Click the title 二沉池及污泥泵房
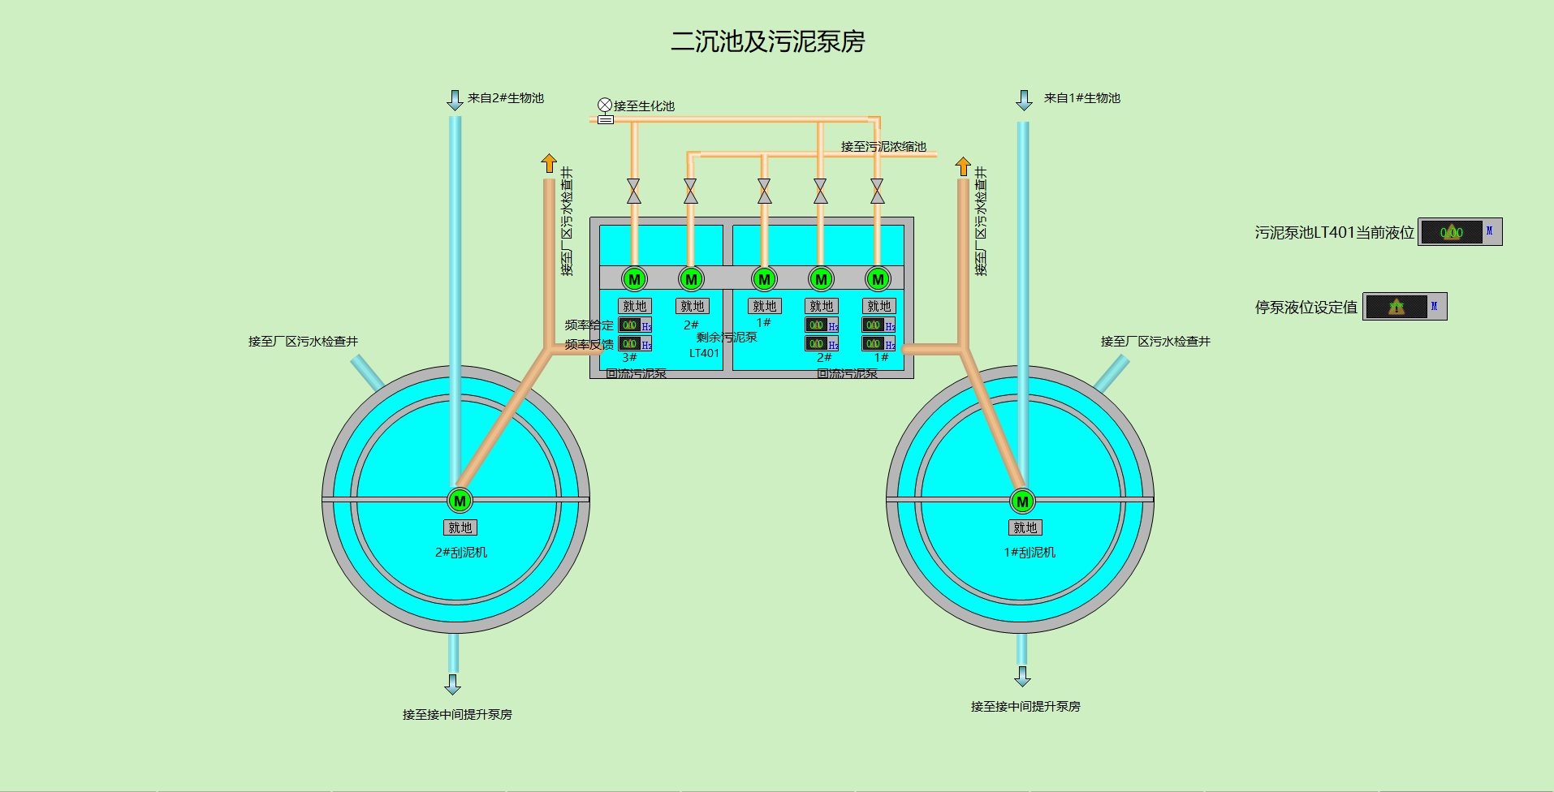click(767, 41)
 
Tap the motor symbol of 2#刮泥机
click(460, 501)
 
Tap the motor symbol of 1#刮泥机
click(1022, 501)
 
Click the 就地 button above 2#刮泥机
click(460, 527)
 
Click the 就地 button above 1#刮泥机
click(1025, 527)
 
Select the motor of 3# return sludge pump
click(634, 279)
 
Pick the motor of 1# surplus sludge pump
click(764, 279)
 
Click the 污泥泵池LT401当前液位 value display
click(1452, 232)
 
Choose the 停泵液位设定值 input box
click(1396, 307)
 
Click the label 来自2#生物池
click(505, 98)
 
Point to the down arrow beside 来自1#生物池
click(1024, 100)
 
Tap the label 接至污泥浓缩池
click(883, 147)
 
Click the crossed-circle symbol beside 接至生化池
click(605, 105)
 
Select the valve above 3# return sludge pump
click(634, 192)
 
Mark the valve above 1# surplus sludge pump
click(764, 192)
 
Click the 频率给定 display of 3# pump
click(630, 325)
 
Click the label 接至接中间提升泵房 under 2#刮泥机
click(457, 715)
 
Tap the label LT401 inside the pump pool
click(704, 353)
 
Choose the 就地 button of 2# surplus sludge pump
click(692, 306)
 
